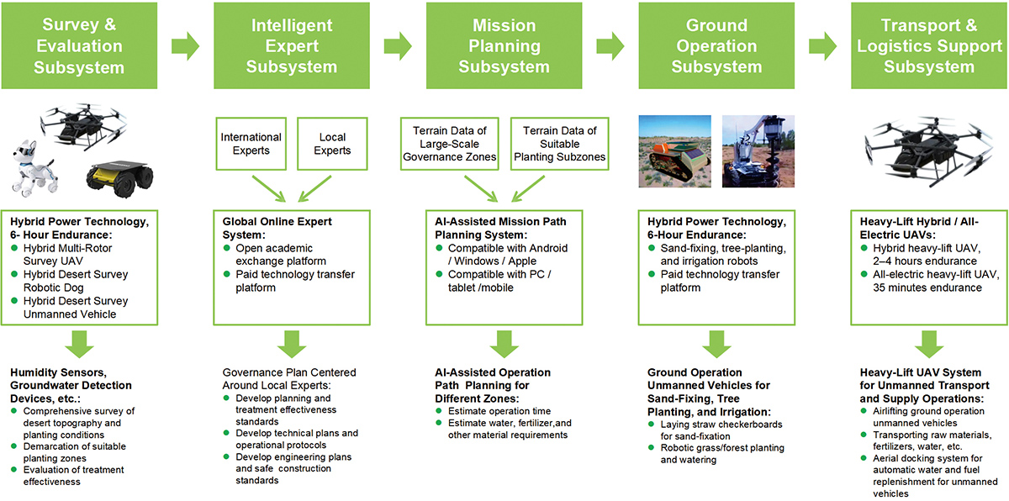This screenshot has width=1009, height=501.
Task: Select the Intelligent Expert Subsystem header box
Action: (291, 45)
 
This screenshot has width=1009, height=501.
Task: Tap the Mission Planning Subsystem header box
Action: (504, 45)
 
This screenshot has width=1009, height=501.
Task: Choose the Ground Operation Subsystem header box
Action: (716, 45)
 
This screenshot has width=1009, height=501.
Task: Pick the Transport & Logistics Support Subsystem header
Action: (929, 45)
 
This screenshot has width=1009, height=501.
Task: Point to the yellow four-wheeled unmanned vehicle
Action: (119, 177)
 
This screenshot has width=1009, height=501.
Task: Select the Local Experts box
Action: (333, 144)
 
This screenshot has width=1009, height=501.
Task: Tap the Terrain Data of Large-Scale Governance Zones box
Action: (449, 144)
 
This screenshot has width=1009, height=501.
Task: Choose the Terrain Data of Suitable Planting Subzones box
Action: (559, 144)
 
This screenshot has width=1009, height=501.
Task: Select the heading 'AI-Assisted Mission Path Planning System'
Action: (500, 228)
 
